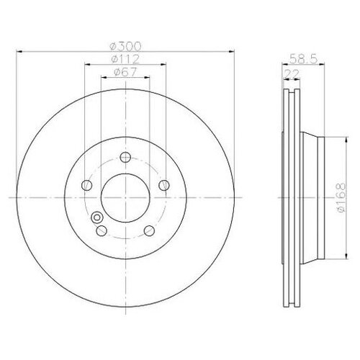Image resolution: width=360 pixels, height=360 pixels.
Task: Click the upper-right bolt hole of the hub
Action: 164,184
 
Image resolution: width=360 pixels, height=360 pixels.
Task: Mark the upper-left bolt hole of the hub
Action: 86,184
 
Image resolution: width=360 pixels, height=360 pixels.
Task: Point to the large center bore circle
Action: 125,197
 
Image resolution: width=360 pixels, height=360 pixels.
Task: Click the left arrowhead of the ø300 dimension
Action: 17,50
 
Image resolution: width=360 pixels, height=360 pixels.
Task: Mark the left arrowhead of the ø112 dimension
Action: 86,65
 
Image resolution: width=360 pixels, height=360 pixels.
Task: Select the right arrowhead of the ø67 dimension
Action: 149,77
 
